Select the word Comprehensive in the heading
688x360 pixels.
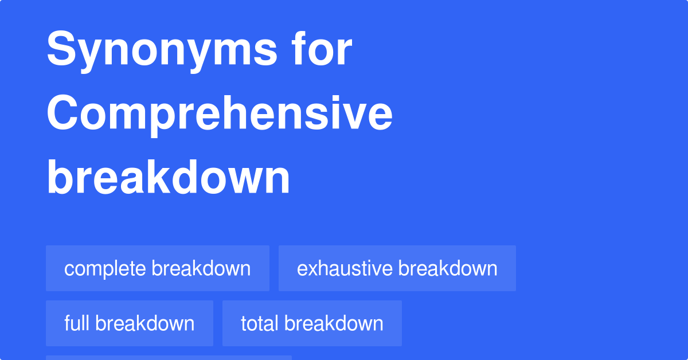coord(220,114)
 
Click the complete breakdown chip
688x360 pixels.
coord(158,268)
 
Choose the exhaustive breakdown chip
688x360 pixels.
coord(397,268)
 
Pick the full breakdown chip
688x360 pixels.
coord(129,323)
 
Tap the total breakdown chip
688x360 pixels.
coord(312,323)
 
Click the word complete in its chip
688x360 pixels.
coord(105,269)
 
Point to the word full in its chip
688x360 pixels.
coord(77,323)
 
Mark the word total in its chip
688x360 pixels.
coord(260,323)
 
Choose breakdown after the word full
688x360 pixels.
coord(145,323)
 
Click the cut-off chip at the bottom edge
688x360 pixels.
coord(169,357)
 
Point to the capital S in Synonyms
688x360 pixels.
coord(61,50)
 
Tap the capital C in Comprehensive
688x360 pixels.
coord(64,114)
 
